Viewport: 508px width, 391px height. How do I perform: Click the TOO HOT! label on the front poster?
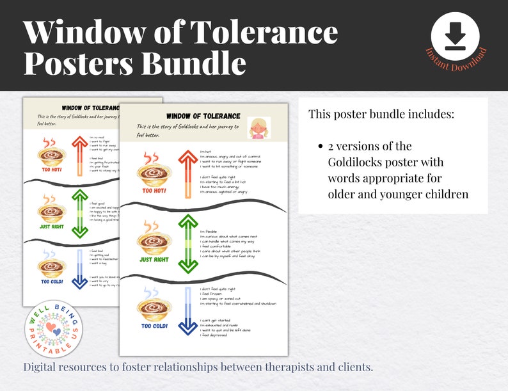pos(154,191)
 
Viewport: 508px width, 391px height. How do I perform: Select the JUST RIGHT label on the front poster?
pos(155,259)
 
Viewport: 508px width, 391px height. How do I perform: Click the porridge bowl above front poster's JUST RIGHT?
pos(154,239)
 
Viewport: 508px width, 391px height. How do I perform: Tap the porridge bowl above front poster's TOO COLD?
pos(154,306)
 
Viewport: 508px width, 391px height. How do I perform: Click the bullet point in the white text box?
pos(321,147)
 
